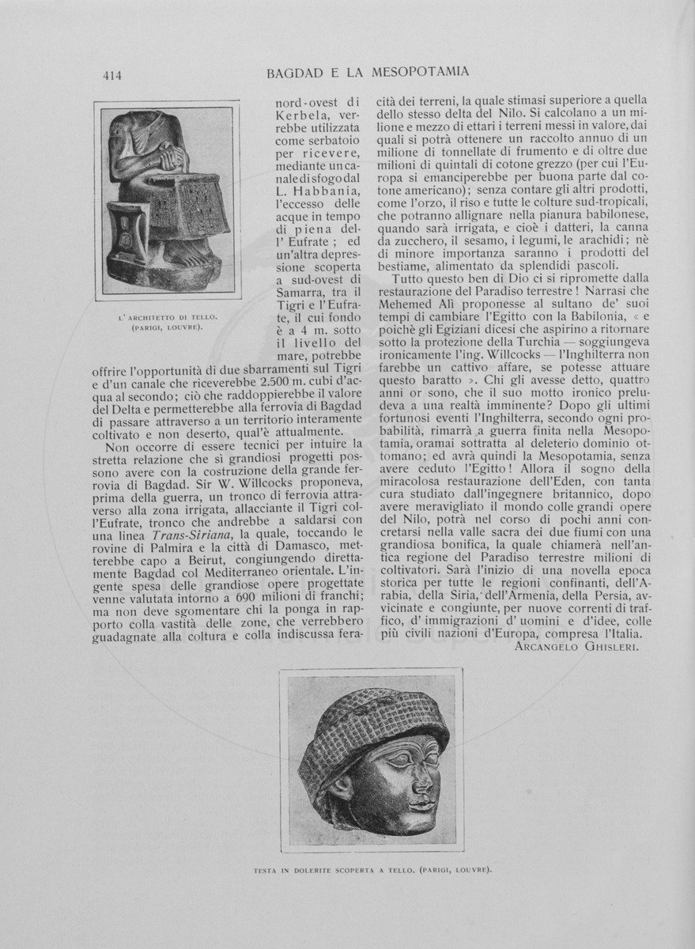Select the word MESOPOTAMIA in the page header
click(419, 72)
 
